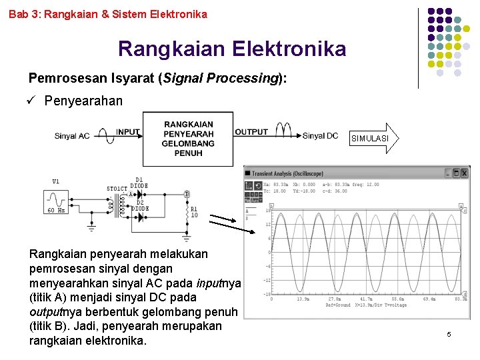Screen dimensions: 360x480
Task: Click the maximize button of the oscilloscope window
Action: [x=455, y=173]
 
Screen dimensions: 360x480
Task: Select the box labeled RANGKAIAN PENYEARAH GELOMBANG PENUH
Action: [x=188, y=139]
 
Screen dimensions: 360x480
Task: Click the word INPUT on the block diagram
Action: [x=129, y=132]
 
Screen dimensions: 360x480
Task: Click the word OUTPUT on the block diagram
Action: [x=251, y=132]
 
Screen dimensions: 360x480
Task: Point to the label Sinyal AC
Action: [x=72, y=136]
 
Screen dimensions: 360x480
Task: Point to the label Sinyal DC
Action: [x=320, y=136]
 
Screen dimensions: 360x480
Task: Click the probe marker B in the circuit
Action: [x=187, y=195]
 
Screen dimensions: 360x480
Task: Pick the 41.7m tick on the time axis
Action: [x=366, y=300]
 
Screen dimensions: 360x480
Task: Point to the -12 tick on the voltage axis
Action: [x=265, y=280]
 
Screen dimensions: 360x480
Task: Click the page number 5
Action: [x=449, y=333]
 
